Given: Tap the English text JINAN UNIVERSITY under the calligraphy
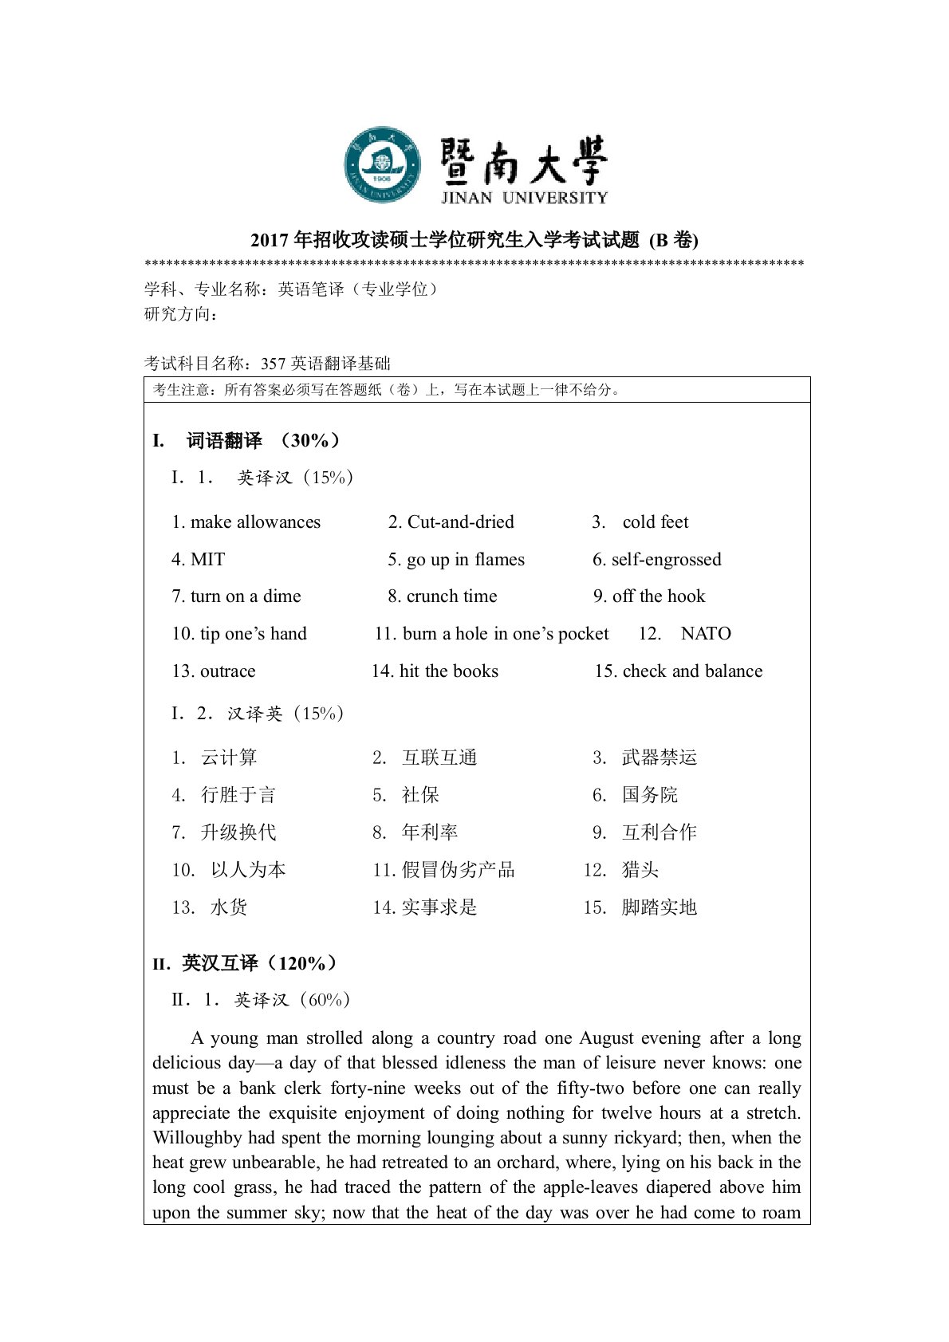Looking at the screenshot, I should pyautogui.click(x=524, y=197).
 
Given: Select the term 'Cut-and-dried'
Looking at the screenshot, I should pyautogui.click(x=460, y=522).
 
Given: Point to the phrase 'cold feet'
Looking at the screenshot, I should pyautogui.click(x=655, y=522).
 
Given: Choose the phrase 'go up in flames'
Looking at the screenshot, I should pyautogui.click(x=465, y=560).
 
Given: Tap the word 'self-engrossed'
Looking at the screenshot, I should pyautogui.click(x=666, y=560).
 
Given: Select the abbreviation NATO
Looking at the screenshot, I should pyautogui.click(x=706, y=634).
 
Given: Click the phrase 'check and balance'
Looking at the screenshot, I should pyautogui.click(x=692, y=671).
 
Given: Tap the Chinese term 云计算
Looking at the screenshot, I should pyautogui.click(x=229, y=758).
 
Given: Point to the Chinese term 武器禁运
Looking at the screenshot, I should pyautogui.click(x=660, y=758).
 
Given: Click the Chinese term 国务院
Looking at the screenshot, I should pyautogui.click(x=650, y=795).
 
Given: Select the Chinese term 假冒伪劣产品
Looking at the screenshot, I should pyautogui.click(x=459, y=870).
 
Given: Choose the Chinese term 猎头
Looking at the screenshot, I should pyautogui.click(x=640, y=870).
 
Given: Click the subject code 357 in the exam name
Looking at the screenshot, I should pyautogui.click(x=273, y=364).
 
